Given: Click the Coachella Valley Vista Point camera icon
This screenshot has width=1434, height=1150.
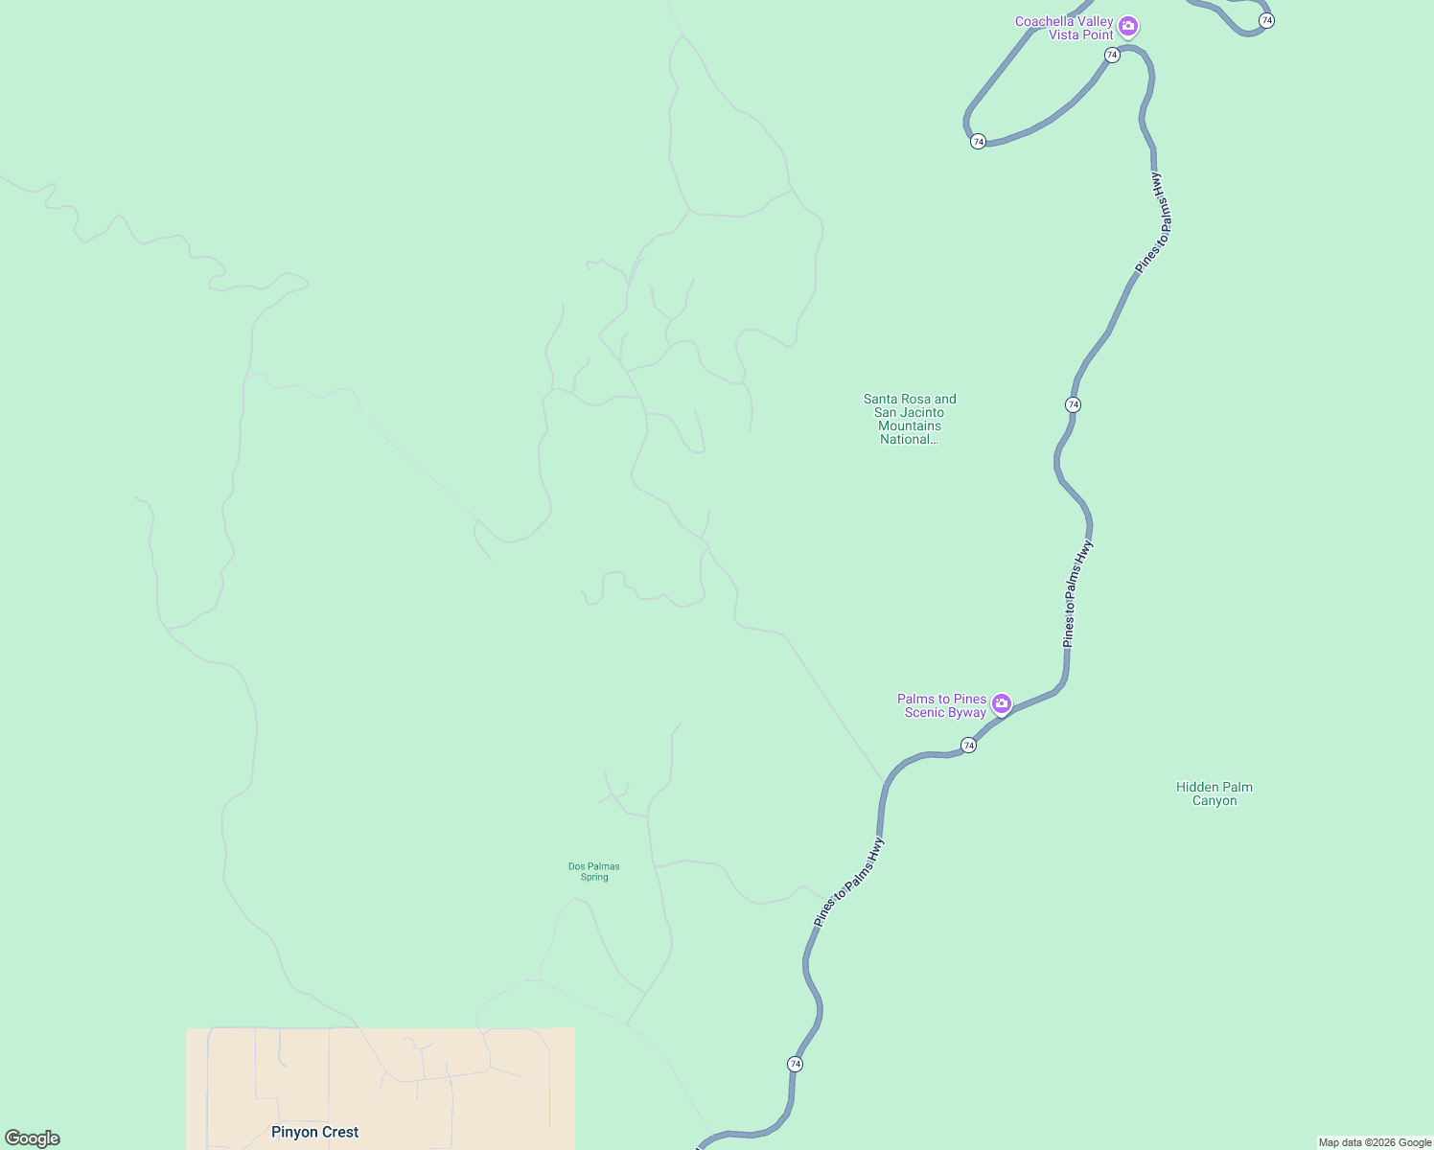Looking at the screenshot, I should click(x=1128, y=26).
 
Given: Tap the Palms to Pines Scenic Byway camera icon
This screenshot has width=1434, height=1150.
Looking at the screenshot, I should click(x=1002, y=704).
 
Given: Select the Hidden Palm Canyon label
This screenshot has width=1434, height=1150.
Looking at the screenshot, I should click(x=1214, y=793).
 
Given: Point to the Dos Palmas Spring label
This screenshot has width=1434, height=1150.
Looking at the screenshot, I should click(x=594, y=871).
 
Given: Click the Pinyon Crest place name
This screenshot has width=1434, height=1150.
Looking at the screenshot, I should click(x=314, y=1132).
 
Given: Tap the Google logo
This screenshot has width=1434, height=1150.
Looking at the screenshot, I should click(x=33, y=1138).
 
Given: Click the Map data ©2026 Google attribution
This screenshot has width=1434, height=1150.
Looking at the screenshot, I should click(x=1375, y=1142).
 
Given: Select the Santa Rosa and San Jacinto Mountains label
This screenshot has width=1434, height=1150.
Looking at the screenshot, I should click(x=910, y=419).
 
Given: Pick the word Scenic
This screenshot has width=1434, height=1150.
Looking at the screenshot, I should click(x=925, y=712).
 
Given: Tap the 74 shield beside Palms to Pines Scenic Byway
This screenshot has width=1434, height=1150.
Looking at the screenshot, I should click(x=968, y=745).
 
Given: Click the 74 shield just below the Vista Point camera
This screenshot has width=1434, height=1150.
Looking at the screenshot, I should click(x=1112, y=55).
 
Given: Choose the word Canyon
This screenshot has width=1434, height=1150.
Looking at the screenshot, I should click(x=1214, y=800).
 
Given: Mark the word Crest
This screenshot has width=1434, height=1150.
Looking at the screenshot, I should click(x=340, y=1132).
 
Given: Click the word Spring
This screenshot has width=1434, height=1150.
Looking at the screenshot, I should click(x=594, y=877).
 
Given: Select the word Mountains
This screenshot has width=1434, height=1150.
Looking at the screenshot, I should click(x=910, y=425).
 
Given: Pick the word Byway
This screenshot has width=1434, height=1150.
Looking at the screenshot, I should click(x=967, y=712).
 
